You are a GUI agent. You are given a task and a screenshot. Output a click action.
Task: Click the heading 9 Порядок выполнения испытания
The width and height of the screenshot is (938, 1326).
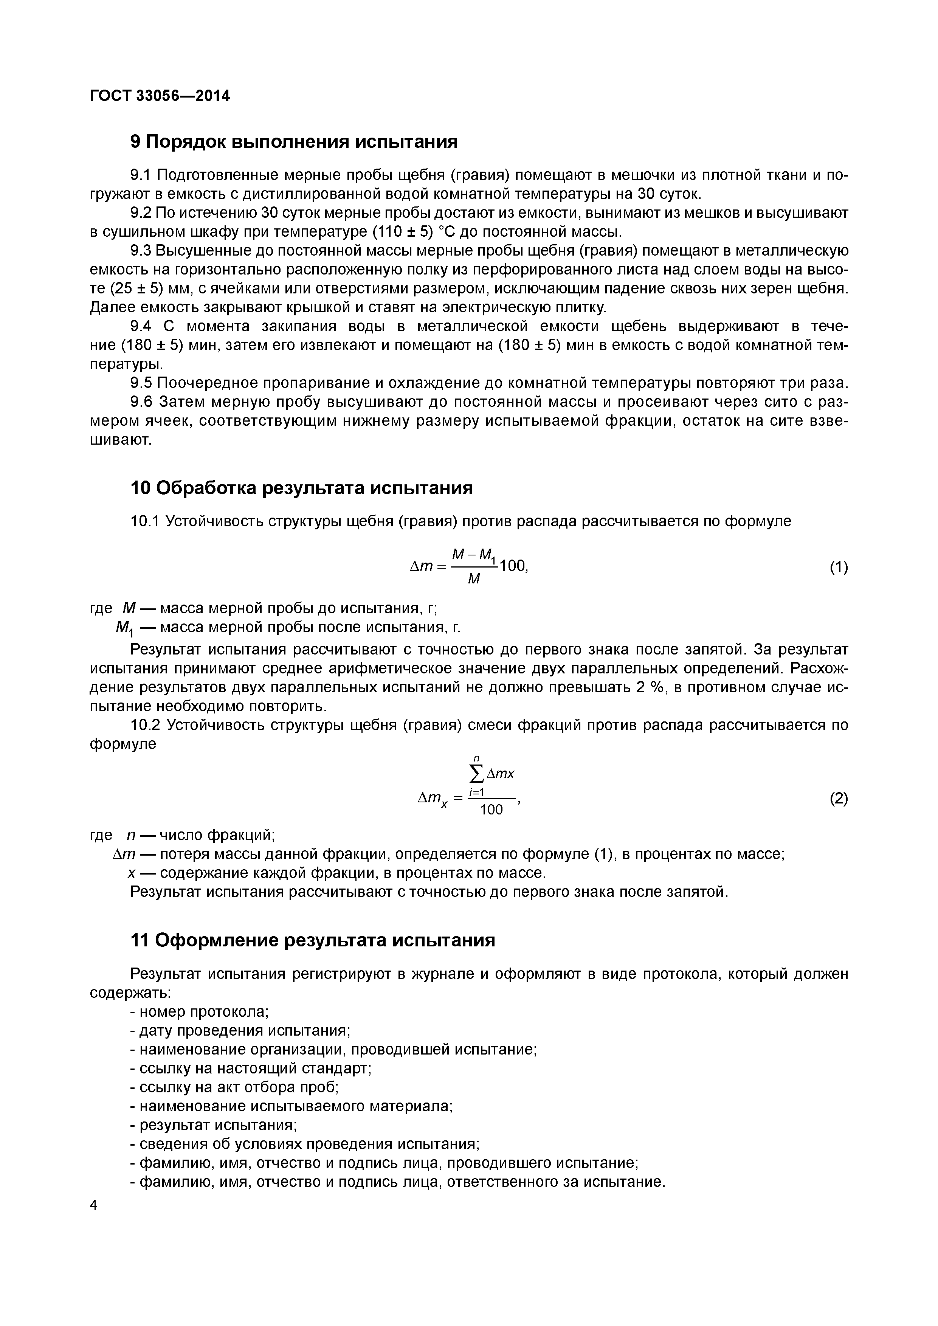[x=294, y=141]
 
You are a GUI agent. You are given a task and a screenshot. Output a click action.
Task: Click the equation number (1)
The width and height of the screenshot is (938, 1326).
[x=839, y=567]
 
